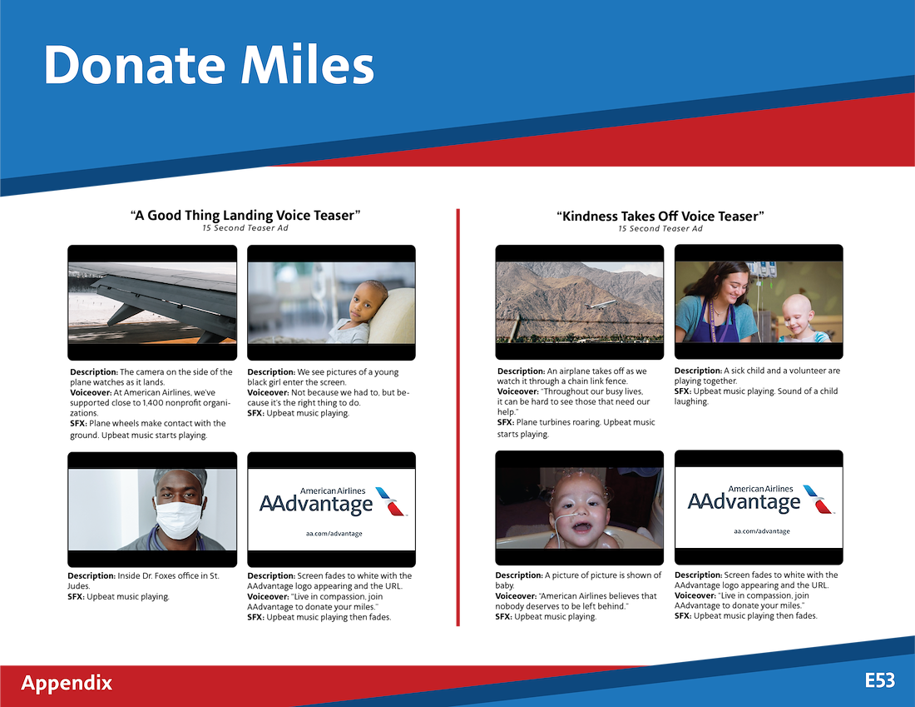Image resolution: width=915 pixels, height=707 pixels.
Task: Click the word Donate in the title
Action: [x=134, y=65]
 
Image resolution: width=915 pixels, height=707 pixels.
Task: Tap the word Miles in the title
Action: [x=308, y=65]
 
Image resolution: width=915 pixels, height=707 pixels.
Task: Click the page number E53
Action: [x=880, y=680]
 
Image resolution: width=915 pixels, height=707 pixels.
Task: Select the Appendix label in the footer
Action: [x=67, y=683]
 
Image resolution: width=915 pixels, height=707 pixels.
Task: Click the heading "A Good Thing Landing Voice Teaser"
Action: [x=245, y=215]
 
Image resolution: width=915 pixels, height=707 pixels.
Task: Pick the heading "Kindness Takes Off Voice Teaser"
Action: [x=660, y=217]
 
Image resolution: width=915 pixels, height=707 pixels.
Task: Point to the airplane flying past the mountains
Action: [x=601, y=306]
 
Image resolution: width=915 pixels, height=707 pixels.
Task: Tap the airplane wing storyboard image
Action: [x=152, y=302]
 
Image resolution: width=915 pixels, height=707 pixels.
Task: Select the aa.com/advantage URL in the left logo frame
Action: [x=334, y=534]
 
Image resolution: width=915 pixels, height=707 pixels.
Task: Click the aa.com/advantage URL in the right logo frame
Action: [x=761, y=531]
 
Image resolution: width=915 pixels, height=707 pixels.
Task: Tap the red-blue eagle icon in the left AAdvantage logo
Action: [x=391, y=501]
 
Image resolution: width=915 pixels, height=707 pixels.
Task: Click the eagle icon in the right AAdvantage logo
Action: [x=819, y=499]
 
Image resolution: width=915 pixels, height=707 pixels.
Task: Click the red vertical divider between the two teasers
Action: [x=458, y=417]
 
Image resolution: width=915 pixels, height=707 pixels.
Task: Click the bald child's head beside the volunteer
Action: [x=798, y=313]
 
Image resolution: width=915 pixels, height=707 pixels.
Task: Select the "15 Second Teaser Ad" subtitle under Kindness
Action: [x=660, y=228]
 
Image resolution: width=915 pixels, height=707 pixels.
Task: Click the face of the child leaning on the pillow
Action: [x=367, y=303]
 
